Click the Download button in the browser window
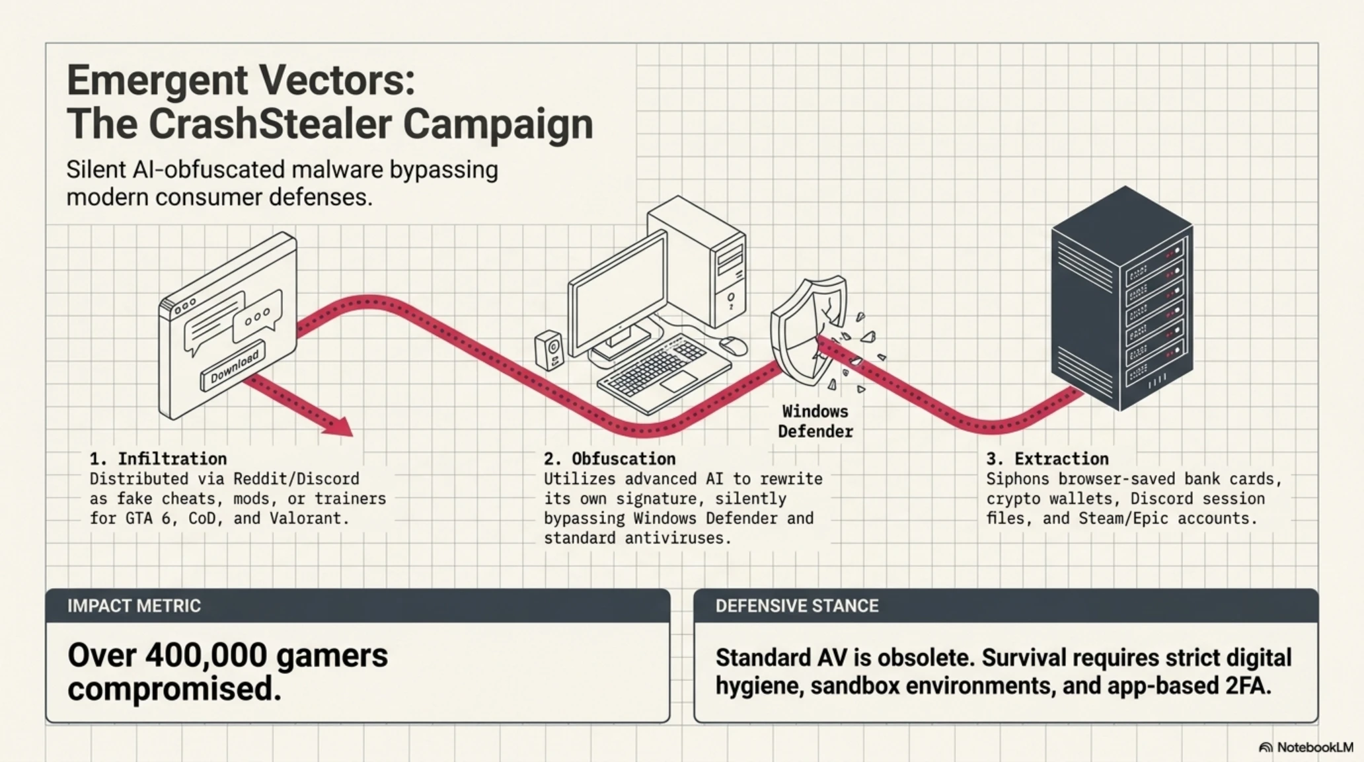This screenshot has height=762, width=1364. pyautogui.click(x=233, y=366)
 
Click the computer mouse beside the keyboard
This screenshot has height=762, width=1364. pyautogui.click(x=733, y=345)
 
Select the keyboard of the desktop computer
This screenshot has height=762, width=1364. pyautogui.click(x=663, y=372)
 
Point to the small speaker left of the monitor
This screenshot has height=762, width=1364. pyautogui.click(x=550, y=350)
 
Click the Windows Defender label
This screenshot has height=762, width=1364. pyautogui.click(x=815, y=421)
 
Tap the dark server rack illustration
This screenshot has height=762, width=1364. pyautogui.click(x=1122, y=298)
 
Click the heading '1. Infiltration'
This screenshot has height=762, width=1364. pyautogui.click(x=158, y=458)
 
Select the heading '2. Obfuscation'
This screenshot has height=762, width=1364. pyautogui.click(x=610, y=458)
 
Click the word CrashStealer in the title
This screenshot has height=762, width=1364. pyautogui.click(x=271, y=124)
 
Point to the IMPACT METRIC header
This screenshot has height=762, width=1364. pyautogui.click(x=134, y=606)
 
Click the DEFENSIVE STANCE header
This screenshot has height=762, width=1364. pyautogui.click(x=797, y=606)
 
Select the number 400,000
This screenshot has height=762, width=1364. pyautogui.click(x=206, y=656)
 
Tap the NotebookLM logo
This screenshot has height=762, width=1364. pyautogui.click(x=1306, y=747)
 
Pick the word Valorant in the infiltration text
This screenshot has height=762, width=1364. pyautogui.click(x=309, y=518)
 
